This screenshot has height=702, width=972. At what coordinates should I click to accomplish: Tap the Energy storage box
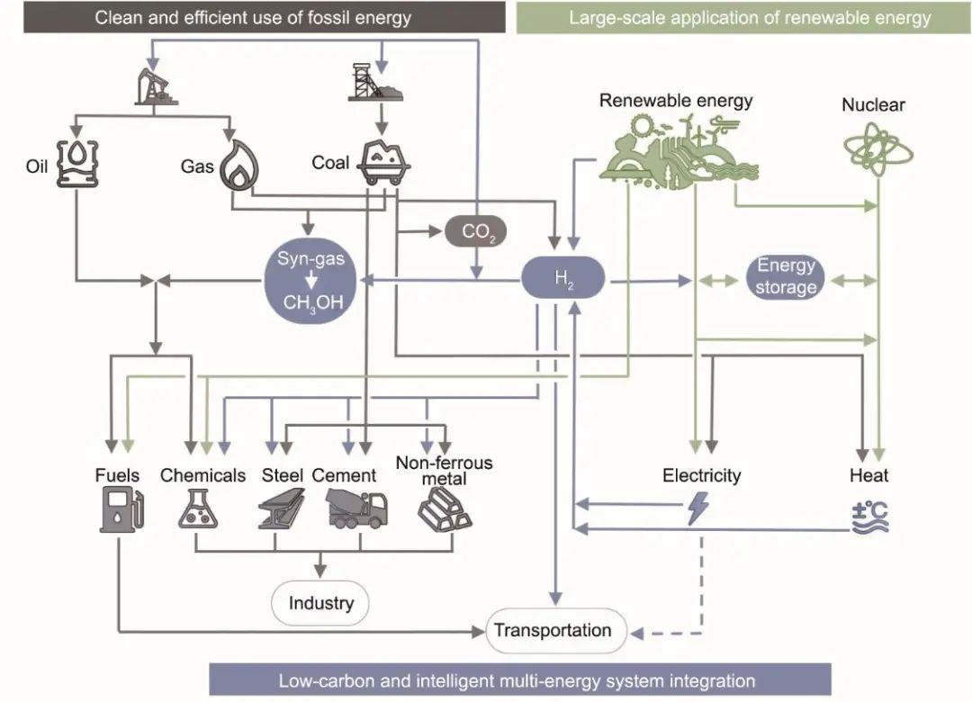coord(785,277)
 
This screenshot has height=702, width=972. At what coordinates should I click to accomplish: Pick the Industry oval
coord(320,602)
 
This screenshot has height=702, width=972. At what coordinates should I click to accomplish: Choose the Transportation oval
coord(553,629)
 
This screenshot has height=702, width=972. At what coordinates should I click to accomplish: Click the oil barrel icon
coord(76,163)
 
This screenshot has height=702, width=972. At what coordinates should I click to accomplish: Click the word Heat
coord(869,474)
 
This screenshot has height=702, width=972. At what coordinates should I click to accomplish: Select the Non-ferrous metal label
coord(445,471)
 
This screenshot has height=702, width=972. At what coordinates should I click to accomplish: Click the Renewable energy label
coord(676,100)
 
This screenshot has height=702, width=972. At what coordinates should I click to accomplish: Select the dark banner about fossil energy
coord(253,17)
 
